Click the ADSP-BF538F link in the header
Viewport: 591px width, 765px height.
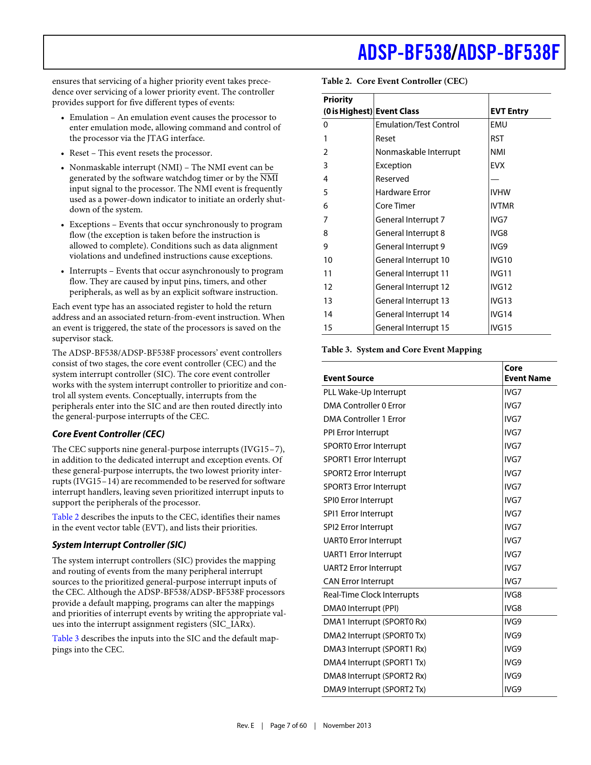click(x=508, y=52)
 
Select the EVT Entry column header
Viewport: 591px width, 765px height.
click(x=509, y=111)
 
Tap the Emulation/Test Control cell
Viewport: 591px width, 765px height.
click(x=417, y=125)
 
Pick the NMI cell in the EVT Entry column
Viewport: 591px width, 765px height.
click(x=498, y=152)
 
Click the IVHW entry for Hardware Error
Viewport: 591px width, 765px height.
click(x=500, y=192)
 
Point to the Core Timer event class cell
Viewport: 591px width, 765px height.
click(x=395, y=206)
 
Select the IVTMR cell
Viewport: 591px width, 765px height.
click(x=502, y=206)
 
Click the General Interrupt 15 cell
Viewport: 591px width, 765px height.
click(x=412, y=328)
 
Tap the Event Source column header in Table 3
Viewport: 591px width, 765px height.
click(x=348, y=378)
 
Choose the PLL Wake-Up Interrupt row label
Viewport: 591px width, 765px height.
click(x=364, y=392)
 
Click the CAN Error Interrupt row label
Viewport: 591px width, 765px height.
click(x=358, y=581)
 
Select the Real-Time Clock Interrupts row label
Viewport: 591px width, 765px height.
click(x=371, y=595)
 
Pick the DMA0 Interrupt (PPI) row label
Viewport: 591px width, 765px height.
click(x=361, y=608)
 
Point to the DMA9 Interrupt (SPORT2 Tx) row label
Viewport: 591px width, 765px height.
click(x=374, y=689)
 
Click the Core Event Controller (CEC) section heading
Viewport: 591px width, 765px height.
click(x=108, y=434)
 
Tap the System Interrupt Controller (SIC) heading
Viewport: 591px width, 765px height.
click(x=119, y=545)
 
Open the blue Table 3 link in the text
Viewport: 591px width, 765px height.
click(x=65, y=638)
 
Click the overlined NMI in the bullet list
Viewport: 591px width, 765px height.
click(x=269, y=178)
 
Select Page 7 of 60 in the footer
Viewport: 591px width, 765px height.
click(x=288, y=726)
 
